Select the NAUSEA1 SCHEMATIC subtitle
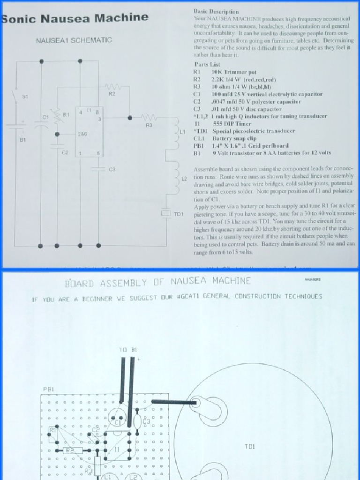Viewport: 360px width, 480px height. [x=74, y=40]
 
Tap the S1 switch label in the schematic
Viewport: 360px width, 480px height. [x=25, y=97]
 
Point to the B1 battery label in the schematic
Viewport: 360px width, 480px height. [x=23, y=140]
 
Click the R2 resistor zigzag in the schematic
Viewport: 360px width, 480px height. [x=112, y=87]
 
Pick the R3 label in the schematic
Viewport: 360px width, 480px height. [x=149, y=125]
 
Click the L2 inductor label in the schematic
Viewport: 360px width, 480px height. [x=184, y=179]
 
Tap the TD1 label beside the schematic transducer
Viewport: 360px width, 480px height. [x=179, y=214]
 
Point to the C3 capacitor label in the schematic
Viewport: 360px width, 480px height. [x=112, y=169]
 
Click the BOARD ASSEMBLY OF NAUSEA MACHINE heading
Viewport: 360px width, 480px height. [x=157, y=282]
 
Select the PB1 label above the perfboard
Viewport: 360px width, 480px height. [x=48, y=389]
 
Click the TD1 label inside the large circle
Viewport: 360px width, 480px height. [x=249, y=447]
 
